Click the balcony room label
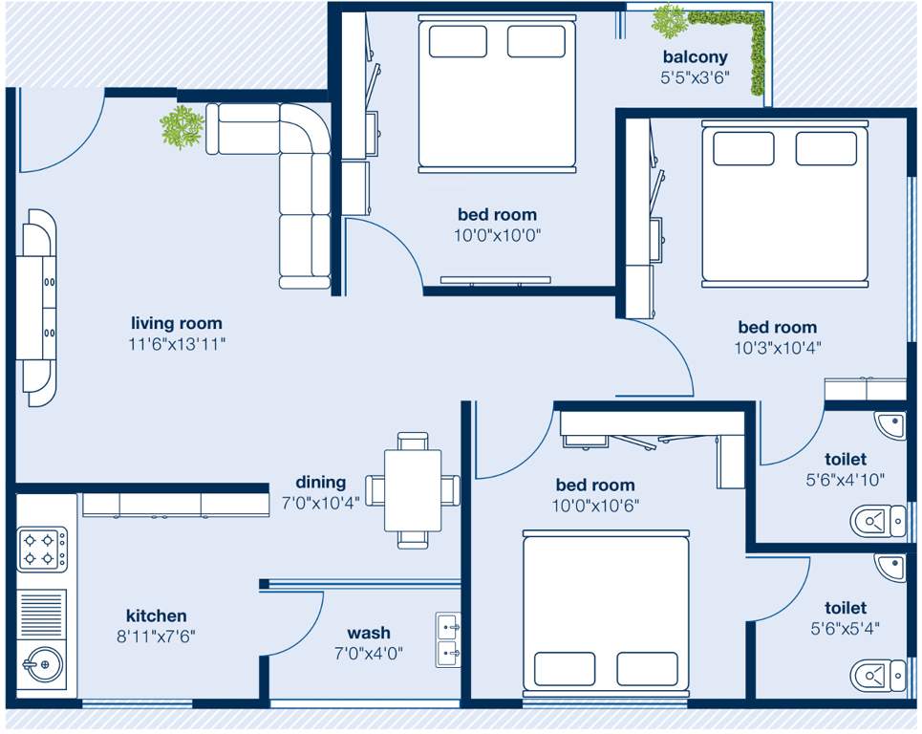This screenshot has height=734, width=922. pos(695,57)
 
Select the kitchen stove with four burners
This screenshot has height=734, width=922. pos(42,550)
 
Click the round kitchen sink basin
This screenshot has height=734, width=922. pos(40,661)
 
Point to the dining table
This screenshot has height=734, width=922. pos(413,490)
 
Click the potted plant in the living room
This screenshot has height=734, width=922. pos(182,126)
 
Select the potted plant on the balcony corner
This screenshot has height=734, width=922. pos(669,19)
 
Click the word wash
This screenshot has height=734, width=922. pos(368,633)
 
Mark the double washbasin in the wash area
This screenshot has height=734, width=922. pos(448,639)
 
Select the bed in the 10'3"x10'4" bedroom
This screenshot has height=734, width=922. pos(784,202)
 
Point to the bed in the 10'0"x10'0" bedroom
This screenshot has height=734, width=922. pos(498,96)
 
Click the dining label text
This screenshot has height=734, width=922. pos(320,483)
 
